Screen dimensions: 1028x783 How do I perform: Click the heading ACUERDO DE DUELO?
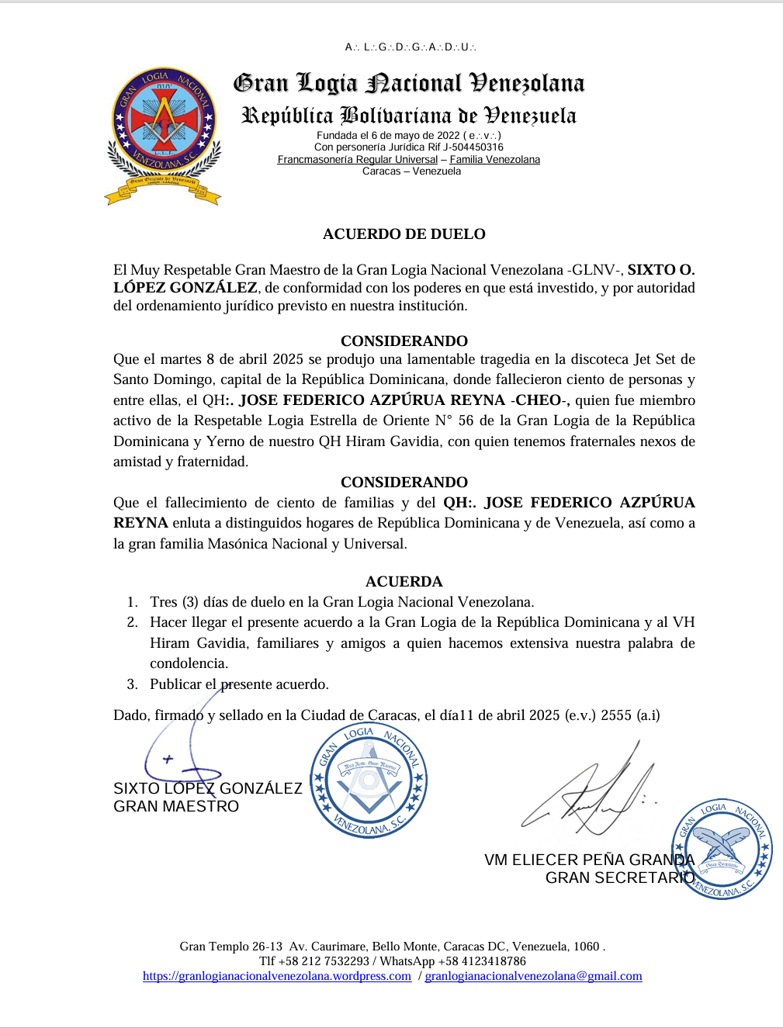404,234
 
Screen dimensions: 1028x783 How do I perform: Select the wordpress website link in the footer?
277,976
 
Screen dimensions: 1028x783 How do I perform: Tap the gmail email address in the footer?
533,976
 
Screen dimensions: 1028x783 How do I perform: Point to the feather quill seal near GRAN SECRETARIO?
722,849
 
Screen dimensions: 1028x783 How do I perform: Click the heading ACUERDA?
404,581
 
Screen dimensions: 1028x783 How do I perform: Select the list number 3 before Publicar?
132,684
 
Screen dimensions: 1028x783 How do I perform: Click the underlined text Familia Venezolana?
494,160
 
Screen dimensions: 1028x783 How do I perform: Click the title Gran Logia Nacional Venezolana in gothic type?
409,83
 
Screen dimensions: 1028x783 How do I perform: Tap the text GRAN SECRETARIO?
619,877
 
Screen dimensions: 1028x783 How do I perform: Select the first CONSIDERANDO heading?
404,341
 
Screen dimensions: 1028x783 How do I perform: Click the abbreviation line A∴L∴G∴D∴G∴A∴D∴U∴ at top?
411,47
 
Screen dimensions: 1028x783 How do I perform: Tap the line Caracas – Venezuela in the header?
411,171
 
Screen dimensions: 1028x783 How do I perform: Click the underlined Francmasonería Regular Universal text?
358,160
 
